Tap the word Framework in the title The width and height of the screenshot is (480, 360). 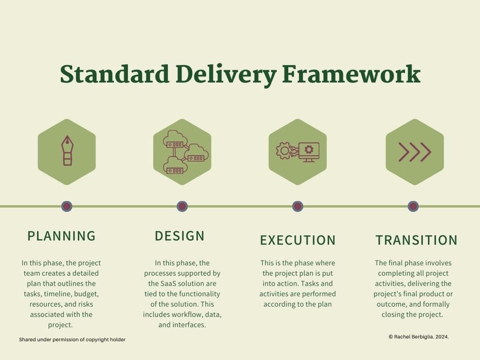pos(351,74)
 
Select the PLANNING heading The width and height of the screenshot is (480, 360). pos(61,236)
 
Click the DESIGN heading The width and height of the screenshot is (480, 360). pos(179,236)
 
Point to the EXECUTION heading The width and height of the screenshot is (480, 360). pos(297,240)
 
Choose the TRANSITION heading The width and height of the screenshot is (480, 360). pos(416,240)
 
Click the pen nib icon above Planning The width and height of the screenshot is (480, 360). pos(66,150)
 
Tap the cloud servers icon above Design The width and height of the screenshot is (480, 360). pos(182,151)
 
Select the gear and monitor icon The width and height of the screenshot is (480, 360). pos(297,151)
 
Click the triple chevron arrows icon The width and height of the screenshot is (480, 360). pos(414,152)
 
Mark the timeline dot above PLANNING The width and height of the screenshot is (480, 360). pos(66,206)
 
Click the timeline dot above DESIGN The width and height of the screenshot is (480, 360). pos(182,206)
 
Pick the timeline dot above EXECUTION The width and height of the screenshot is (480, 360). pos(298,206)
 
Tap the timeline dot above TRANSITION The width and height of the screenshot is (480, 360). pos(413,206)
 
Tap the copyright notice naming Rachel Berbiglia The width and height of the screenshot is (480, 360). pos(418,337)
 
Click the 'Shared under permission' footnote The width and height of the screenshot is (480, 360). pos(72,339)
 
